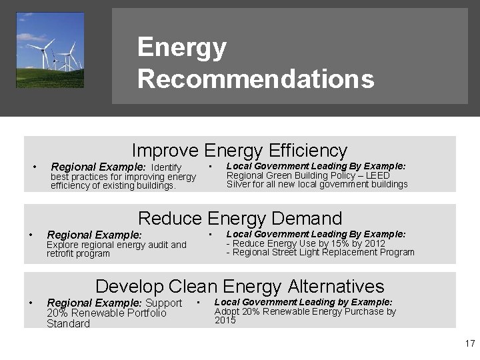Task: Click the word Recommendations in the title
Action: [255, 79]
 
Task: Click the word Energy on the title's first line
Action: [182, 47]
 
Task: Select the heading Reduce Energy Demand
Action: [239, 218]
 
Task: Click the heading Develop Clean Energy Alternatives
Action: [239, 287]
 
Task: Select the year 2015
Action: [225, 321]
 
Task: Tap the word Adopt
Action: [227, 311]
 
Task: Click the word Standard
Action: [67, 323]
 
